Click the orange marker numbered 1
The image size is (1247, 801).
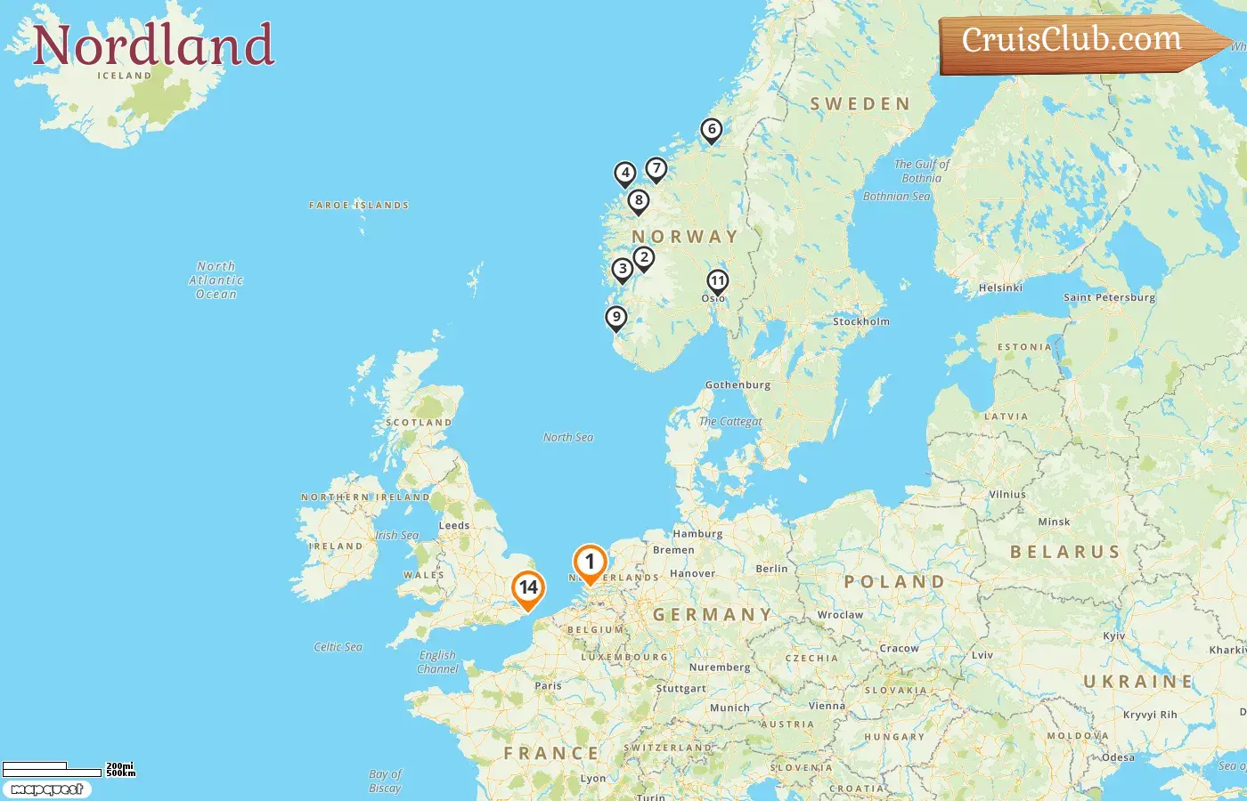pyautogui.click(x=590, y=562)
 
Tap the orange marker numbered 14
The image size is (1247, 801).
pyautogui.click(x=528, y=588)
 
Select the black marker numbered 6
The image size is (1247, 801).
pyautogui.click(x=711, y=130)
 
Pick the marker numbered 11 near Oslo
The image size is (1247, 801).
pyautogui.click(x=717, y=281)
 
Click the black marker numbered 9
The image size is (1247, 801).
pyautogui.click(x=615, y=317)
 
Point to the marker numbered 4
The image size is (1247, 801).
pyautogui.click(x=625, y=173)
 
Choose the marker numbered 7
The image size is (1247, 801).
pyautogui.click(x=656, y=168)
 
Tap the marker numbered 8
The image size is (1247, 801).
pyautogui.click(x=638, y=201)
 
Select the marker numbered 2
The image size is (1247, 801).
pyautogui.click(x=644, y=258)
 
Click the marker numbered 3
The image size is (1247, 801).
pyautogui.click(x=623, y=269)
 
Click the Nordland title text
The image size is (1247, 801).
pyautogui.click(x=153, y=46)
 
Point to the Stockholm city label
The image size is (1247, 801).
pyautogui.click(x=860, y=321)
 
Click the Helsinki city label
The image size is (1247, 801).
pyautogui.click(x=1000, y=287)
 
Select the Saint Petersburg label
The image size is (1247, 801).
pyautogui.click(x=1109, y=297)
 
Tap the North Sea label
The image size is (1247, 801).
pyautogui.click(x=568, y=437)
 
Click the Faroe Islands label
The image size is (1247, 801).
pyautogui.click(x=359, y=206)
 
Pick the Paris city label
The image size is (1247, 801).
pyautogui.click(x=549, y=685)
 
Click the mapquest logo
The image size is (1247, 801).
pyautogui.click(x=46, y=789)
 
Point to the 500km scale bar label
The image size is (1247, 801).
pyautogui.click(x=121, y=773)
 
